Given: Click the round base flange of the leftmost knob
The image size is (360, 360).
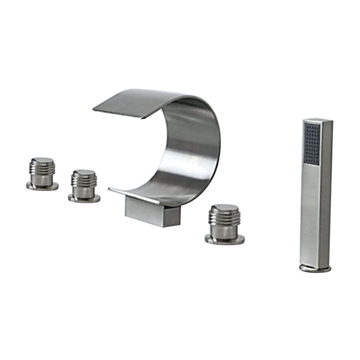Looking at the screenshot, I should click(x=42, y=187).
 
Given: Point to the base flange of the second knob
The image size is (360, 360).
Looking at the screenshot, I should click(x=84, y=198).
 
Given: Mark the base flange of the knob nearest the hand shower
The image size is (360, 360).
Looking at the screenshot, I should click(x=224, y=239).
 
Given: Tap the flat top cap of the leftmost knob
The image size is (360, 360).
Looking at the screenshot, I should click(x=42, y=160).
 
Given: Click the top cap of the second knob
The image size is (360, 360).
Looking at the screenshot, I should click(x=84, y=172).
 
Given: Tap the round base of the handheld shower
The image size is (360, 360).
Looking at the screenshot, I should click(x=315, y=268).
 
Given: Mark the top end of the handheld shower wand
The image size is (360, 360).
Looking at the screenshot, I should click(x=317, y=120).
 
